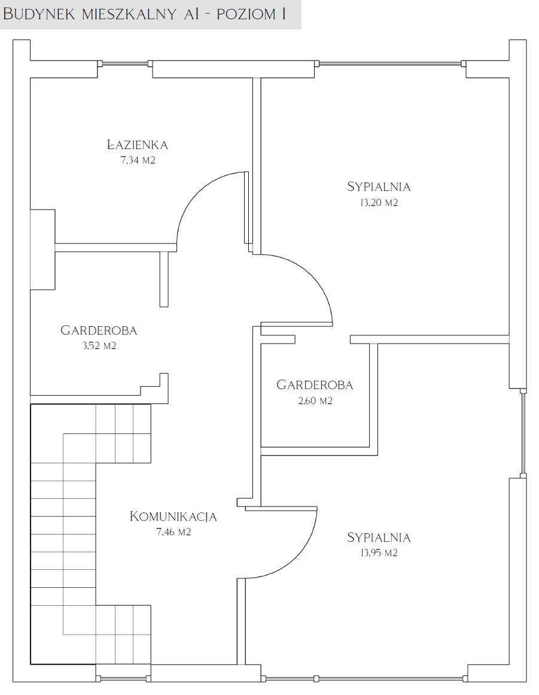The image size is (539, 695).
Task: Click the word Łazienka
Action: tap(138, 144)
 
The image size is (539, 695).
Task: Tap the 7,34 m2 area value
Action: tap(138, 160)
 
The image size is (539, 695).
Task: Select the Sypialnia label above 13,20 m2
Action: tap(379, 187)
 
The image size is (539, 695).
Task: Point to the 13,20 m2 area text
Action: tap(379, 202)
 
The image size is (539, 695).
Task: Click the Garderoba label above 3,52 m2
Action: tap(99, 330)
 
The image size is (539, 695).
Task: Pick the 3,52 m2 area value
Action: tap(99, 346)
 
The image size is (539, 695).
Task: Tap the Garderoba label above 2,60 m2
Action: tap(315, 385)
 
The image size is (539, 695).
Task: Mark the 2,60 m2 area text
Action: tap(315, 400)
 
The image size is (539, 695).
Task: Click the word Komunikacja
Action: tap(173, 517)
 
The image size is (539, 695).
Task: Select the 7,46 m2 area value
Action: tap(173, 532)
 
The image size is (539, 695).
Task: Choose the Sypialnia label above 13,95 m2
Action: tap(379, 537)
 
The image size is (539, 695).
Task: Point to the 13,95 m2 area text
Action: tap(379, 553)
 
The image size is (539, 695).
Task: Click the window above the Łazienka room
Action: tap(125, 63)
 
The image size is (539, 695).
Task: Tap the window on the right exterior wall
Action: tap(523, 433)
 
